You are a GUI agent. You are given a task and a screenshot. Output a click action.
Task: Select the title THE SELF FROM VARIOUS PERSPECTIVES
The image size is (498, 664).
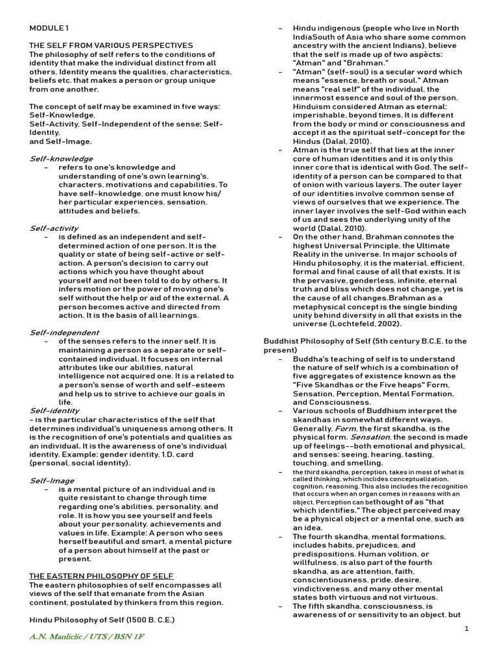[x=111, y=45]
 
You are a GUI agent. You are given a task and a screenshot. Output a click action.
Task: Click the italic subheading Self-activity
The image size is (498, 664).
[x=54, y=228]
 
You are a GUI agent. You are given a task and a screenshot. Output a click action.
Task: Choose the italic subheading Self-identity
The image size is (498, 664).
[x=54, y=410]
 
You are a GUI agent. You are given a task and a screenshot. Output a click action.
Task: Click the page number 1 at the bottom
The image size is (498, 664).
[x=466, y=628]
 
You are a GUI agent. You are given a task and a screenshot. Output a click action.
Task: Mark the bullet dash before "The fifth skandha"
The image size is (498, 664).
[x=279, y=606]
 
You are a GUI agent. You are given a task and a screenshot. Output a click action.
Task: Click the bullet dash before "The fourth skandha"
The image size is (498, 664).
[x=279, y=537]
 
